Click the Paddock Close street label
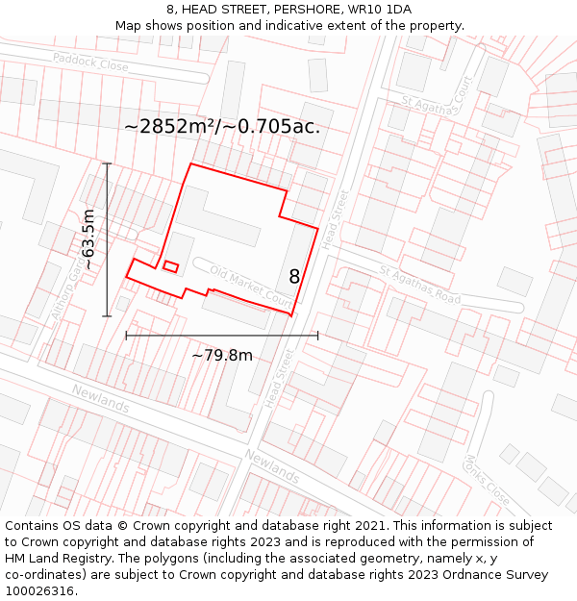pos(90,63)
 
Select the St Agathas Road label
pos(419,286)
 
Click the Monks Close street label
pos(487,480)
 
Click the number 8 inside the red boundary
pos(294,277)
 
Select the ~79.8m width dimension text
pos(222,356)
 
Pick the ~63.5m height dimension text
pos(88,238)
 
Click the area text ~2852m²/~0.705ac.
pos(222,126)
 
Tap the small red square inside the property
pos(170,266)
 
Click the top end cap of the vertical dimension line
pos(107,164)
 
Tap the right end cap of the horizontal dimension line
pos(317,336)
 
